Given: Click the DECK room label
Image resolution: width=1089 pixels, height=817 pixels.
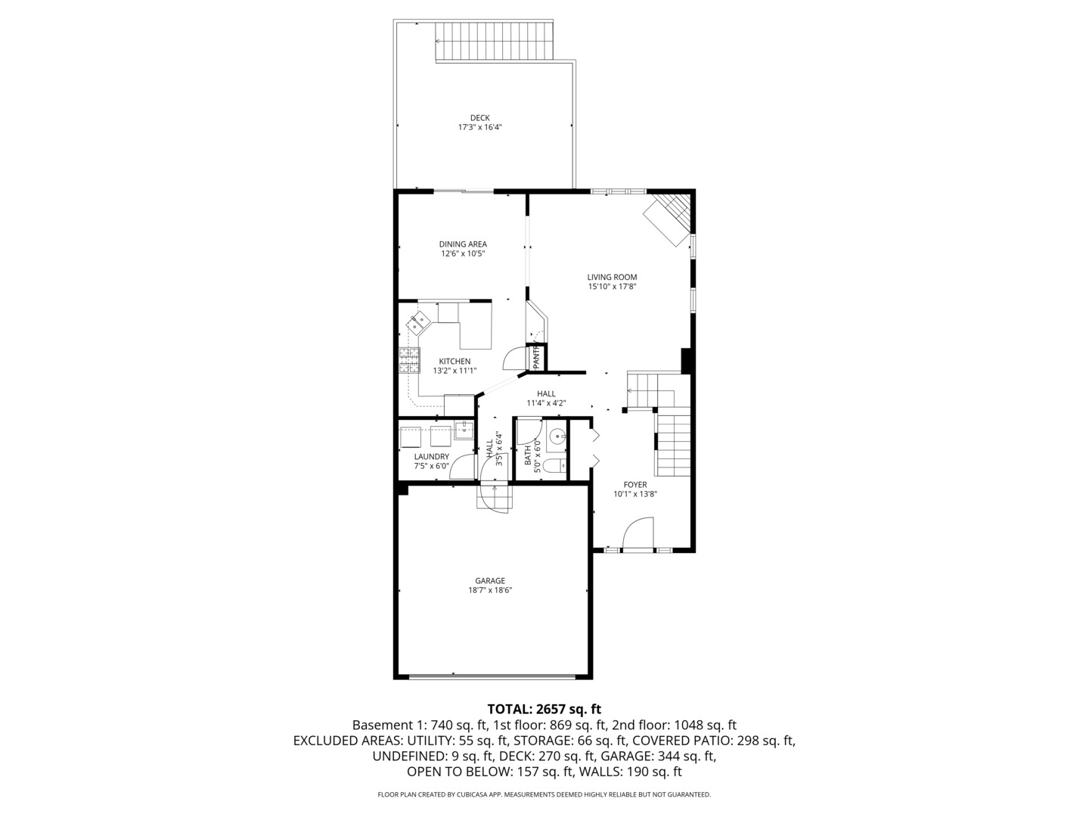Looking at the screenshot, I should [x=479, y=117].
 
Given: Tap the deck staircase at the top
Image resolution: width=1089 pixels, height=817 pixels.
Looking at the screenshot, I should [x=495, y=41].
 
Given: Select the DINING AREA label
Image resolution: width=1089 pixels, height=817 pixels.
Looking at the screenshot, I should [x=463, y=244].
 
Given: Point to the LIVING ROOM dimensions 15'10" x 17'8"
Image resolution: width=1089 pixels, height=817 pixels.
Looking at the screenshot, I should [x=612, y=287].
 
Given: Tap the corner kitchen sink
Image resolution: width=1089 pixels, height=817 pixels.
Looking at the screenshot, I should [x=417, y=323].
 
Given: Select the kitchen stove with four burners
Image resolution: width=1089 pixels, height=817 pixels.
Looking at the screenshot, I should [x=409, y=360].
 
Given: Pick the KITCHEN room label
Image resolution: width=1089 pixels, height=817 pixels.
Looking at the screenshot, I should [x=455, y=361].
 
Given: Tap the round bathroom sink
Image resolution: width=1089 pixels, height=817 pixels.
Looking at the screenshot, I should [x=557, y=436].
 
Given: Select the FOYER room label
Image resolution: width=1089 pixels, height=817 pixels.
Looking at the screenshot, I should [x=634, y=484].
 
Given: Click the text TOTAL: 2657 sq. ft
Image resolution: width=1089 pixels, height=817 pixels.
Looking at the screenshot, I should [x=544, y=709].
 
